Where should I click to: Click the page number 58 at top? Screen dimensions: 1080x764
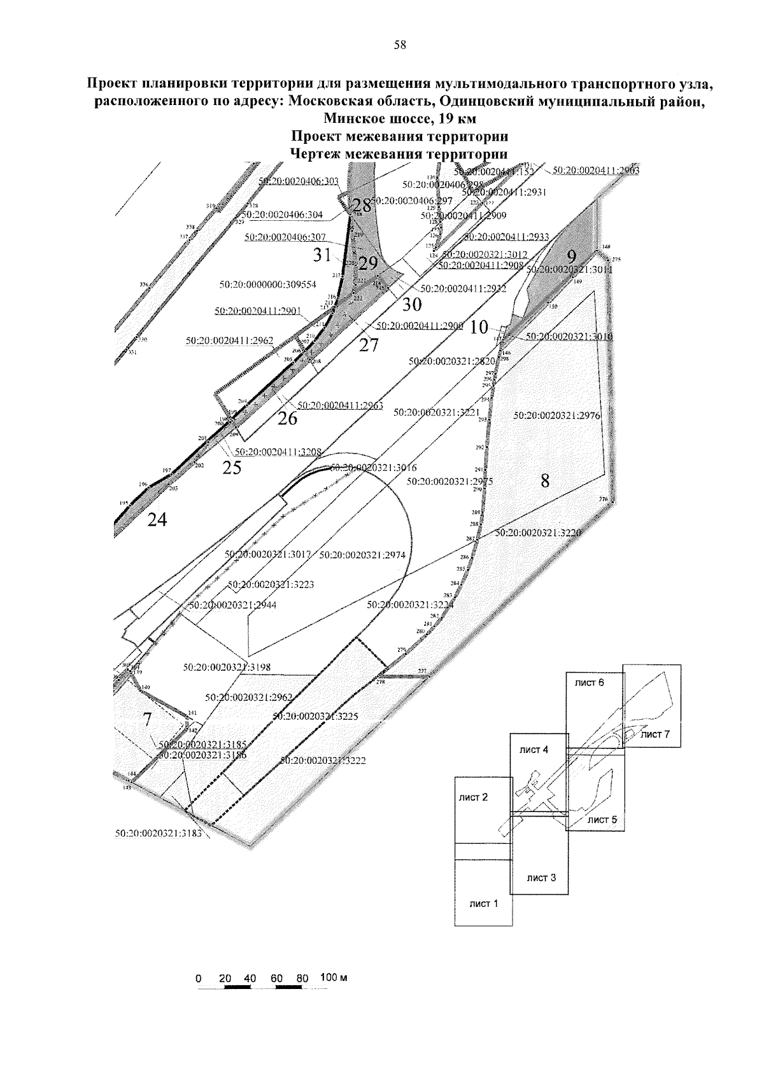[x=400, y=45]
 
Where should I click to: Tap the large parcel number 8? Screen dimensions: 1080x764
[x=545, y=481]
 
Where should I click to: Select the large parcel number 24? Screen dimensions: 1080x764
[x=157, y=520]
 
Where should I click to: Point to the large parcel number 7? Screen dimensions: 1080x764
[x=147, y=720]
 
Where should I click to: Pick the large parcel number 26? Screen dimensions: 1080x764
[x=287, y=418]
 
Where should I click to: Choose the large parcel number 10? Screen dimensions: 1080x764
[x=479, y=328]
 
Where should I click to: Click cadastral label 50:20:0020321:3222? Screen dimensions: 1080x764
[x=323, y=761]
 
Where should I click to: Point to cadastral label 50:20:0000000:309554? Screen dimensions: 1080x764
[x=268, y=285]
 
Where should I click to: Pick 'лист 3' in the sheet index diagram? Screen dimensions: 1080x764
[x=541, y=878]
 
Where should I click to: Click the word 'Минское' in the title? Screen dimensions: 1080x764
[x=355, y=118]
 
